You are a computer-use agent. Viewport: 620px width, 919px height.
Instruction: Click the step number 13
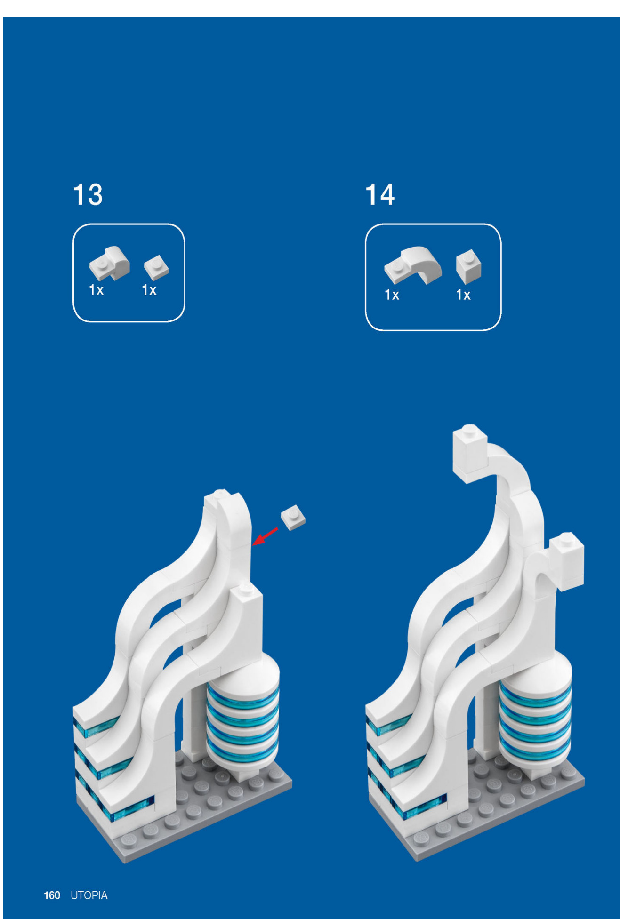(88, 195)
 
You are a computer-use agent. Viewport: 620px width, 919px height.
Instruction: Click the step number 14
(380, 195)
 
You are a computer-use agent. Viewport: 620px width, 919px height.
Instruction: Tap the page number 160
(52, 895)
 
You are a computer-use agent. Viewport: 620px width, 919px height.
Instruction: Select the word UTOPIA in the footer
(89, 895)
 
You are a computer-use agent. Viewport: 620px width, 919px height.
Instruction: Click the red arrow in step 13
(265, 536)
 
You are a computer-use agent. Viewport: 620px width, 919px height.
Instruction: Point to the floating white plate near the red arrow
(293, 518)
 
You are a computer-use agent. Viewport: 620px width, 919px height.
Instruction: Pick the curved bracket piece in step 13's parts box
(110, 264)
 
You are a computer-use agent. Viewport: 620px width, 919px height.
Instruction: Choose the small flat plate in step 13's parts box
(156, 267)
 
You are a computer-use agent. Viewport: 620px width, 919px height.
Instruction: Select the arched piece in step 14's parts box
(413, 265)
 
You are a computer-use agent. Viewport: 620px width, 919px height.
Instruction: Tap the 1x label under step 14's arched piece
(392, 295)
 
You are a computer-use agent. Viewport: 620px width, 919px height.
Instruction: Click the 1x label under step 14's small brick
(463, 295)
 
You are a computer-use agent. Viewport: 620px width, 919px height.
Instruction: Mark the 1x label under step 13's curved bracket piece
(96, 290)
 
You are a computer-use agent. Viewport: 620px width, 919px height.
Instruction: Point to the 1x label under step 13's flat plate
(149, 290)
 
